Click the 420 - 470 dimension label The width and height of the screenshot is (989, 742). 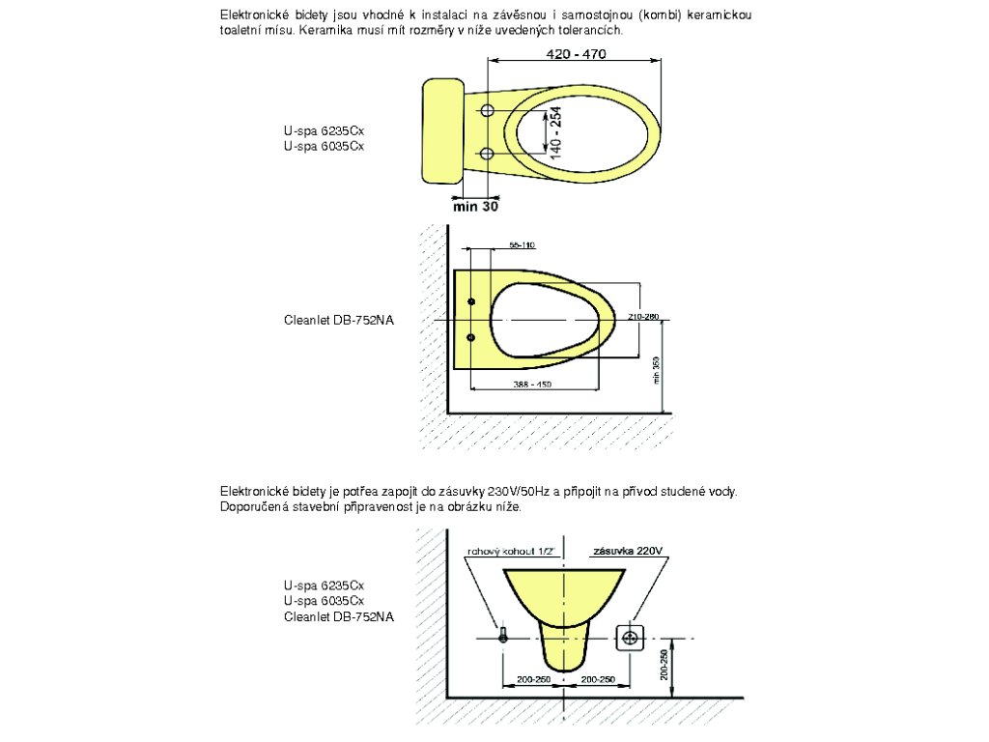pos(576,55)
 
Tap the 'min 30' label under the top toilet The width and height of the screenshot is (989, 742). pos(475,206)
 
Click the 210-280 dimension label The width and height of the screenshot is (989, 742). pos(642,317)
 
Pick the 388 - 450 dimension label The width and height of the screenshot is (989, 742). pos(532,385)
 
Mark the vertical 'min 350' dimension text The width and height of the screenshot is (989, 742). pos(656,370)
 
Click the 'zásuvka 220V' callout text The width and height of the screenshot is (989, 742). pos(627,551)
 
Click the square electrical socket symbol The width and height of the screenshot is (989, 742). pos(631,637)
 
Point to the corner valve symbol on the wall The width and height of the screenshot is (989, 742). pos(502,636)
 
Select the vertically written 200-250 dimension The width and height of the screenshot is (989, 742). pos(664,665)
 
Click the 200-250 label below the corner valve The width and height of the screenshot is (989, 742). pos(534,680)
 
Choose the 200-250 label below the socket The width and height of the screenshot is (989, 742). pos(598,680)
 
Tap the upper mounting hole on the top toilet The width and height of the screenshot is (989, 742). pos(487,109)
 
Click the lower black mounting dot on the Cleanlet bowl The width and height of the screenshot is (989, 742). pos(471,337)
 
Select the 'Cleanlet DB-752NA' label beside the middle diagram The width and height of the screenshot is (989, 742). pos(339,320)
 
